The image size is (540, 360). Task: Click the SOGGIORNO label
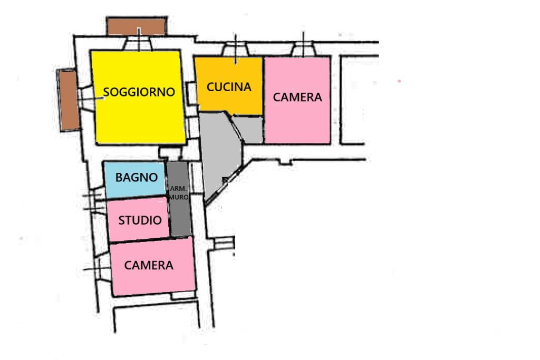pyautogui.click(x=139, y=92)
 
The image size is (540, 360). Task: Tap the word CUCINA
pyautogui.click(x=229, y=87)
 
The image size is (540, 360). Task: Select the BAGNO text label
pyautogui.click(x=137, y=177)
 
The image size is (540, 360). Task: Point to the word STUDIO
pyautogui.click(x=140, y=220)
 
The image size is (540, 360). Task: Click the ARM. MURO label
pyautogui.click(x=179, y=193)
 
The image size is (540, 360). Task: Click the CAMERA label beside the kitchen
pyautogui.click(x=297, y=98)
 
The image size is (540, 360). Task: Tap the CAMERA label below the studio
pyautogui.click(x=148, y=265)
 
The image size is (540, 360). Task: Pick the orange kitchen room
pyautogui.click(x=229, y=84)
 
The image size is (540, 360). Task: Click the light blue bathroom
pyautogui.click(x=135, y=180)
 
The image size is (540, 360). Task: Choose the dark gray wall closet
pyautogui.click(x=179, y=199)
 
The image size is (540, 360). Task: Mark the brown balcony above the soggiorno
pyautogui.click(x=137, y=26)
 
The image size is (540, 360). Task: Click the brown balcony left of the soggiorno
pyautogui.click(x=68, y=100)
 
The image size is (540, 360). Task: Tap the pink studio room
pyautogui.click(x=139, y=220)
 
